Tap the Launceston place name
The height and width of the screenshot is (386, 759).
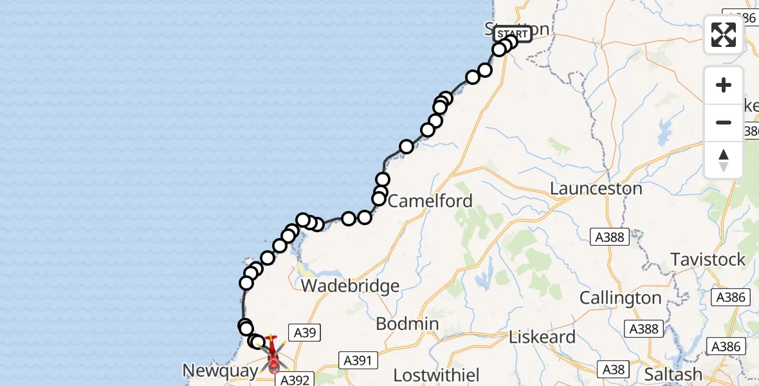[596, 189]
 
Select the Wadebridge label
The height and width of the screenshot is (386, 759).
[351, 286]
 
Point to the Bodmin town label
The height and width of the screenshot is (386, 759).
[407, 324]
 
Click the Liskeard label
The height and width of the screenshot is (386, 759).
[542, 337]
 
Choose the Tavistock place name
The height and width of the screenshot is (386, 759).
[708, 260]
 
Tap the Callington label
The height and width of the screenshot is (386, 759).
[620, 299]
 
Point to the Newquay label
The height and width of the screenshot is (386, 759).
[221, 371]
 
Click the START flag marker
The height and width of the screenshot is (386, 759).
[513, 34]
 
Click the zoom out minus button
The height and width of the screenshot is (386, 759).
[724, 122]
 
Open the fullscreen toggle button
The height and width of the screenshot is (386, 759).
[724, 35]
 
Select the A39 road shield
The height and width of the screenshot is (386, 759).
[304, 333]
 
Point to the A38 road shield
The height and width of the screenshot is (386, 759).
[613, 369]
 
